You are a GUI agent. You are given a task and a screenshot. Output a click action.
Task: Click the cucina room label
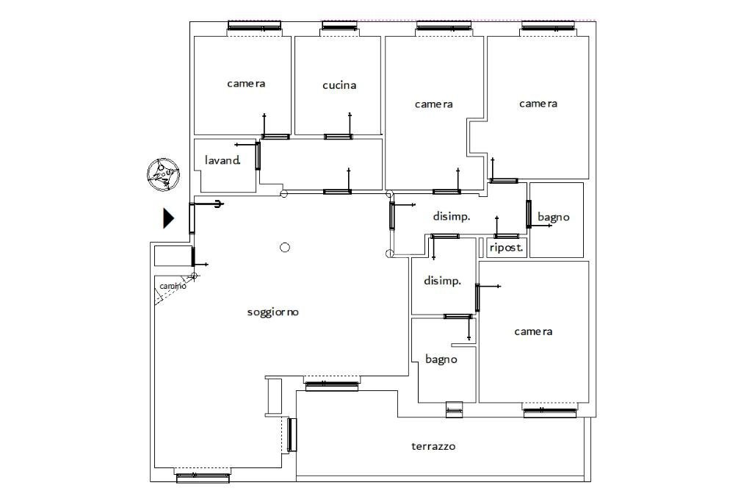[x=339, y=85]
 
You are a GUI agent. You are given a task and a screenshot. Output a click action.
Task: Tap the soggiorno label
[x=272, y=312]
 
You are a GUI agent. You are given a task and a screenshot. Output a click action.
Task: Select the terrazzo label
[x=433, y=446]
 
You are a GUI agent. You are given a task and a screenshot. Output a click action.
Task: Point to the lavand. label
[x=223, y=160]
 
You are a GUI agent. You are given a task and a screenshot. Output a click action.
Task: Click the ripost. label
[x=506, y=248]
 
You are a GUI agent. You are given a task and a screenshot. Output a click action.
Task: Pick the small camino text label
[x=173, y=286]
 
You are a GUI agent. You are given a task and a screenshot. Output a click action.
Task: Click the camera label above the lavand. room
[x=246, y=84]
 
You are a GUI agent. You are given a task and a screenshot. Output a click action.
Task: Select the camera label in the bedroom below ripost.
[x=533, y=331]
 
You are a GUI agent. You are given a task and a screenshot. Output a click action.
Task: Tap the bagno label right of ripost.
[x=553, y=217]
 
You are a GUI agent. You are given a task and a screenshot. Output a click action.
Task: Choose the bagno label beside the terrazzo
[x=441, y=359]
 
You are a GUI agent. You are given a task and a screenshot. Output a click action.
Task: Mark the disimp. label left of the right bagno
[x=451, y=217]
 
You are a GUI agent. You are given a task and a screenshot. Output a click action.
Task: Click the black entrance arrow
[x=168, y=218]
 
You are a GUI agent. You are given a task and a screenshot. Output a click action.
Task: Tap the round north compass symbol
[x=162, y=174]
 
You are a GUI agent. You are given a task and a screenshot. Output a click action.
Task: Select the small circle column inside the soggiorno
[x=285, y=248]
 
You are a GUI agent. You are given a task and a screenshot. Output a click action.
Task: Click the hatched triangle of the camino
[x=158, y=296]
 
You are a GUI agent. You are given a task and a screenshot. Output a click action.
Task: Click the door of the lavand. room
[x=258, y=155]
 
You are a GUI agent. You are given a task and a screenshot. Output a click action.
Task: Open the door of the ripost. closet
[x=506, y=236]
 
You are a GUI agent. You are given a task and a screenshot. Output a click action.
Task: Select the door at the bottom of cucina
[x=338, y=136]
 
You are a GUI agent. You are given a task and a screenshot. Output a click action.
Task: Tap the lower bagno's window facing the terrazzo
[x=454, y=409]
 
